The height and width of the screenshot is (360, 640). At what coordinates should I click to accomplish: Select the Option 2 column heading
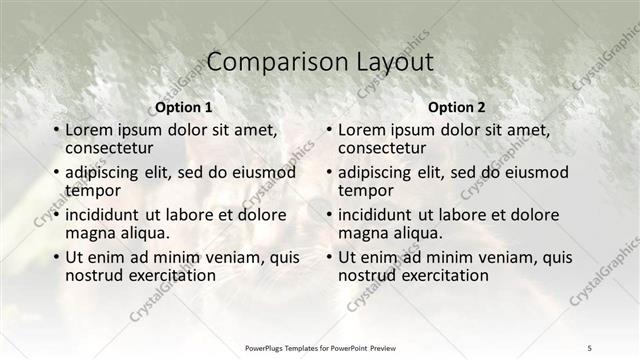tap(456, 107)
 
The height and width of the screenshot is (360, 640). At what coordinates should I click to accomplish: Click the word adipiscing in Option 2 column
tap(380, 172)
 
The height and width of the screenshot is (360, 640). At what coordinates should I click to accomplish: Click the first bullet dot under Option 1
tap(55, 131)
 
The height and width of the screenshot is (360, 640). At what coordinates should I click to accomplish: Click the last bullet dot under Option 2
tap(328, 258)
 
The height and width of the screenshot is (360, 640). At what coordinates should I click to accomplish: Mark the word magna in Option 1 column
tap(88, 233)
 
